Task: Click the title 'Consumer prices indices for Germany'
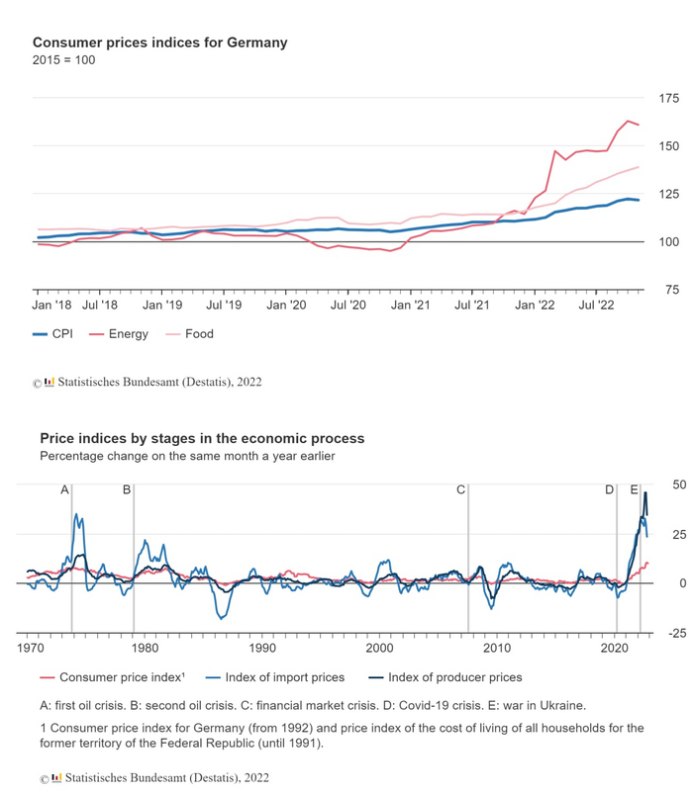(159, 43)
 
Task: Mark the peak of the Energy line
(628, 121)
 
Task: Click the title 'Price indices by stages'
(202, 438)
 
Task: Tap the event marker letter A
(65, 489)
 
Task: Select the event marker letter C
(460, 489)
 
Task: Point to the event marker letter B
(127, 489)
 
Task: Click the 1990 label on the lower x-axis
(262, 648)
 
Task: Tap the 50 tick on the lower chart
(679, 485)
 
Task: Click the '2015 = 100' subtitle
(63, 60)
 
